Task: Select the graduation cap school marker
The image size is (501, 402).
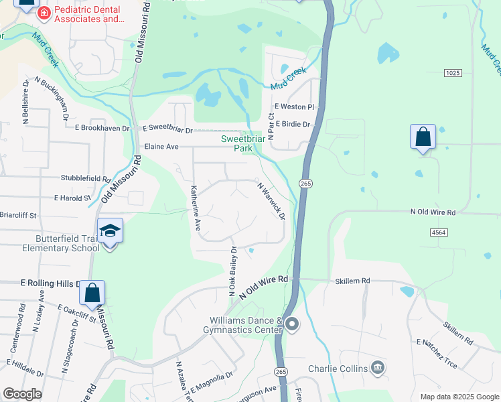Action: [x=110, y=232]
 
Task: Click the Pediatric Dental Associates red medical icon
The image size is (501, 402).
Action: [x=44, y=13]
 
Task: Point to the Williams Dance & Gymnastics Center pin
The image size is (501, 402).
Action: [x=292, y=325]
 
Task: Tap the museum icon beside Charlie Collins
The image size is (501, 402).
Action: [x=378, y=368]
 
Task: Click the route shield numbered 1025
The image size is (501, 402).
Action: [x=452, y=72]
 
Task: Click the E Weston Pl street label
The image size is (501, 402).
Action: [x=293, y=107]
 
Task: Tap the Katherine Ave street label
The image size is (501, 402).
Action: [x=195, y=208]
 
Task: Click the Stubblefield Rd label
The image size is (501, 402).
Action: [x=85, y=179]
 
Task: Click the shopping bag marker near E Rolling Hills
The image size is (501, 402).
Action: [x=92, y=293]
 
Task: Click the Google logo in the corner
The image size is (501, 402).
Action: [x=22, y=394]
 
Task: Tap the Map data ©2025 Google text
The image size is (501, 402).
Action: [x=459, y=397]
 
